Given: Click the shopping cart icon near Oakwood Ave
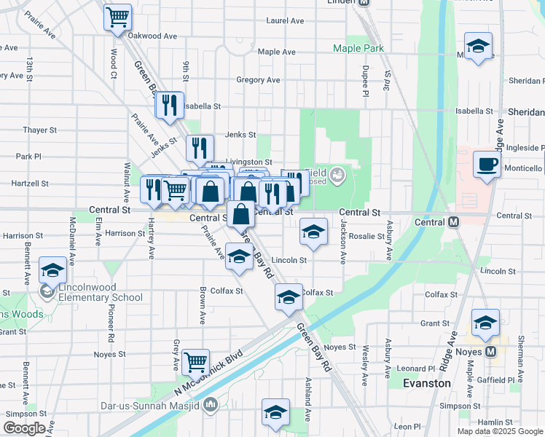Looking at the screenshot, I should coord(117,17).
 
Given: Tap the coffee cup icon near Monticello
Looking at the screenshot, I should coord(487,163).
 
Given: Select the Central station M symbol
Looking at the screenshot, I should coord(454,221).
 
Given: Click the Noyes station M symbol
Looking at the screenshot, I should coord(490,351).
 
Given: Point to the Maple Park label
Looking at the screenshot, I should coord(358,49).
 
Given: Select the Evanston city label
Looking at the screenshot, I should coord(426,382).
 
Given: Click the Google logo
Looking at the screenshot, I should coord(24,428).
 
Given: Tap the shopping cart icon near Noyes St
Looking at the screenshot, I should coord(195,361).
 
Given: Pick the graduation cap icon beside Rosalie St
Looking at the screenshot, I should coord(313,232).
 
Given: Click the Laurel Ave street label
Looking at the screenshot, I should coord(285,21).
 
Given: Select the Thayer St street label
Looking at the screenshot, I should coord(39,130).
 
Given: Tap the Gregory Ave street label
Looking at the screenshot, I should coord(258,80).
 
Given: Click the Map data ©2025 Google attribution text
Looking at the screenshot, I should coord(499,431).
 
